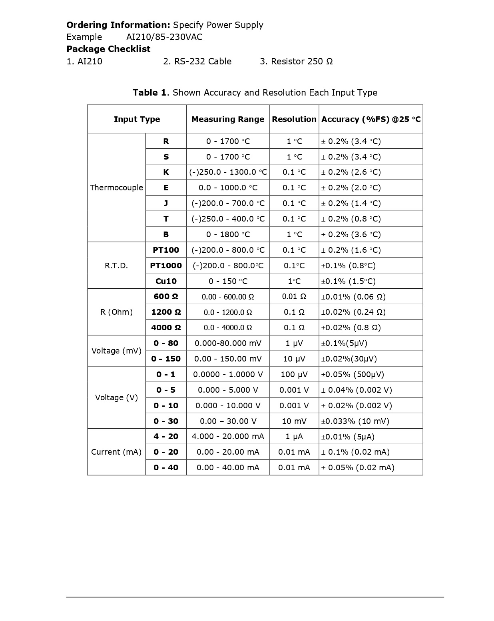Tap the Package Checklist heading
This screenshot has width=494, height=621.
tap(108, 49)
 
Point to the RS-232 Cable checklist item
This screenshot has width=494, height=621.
tap(197, 62)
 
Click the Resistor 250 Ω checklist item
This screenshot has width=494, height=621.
tap(296, 62)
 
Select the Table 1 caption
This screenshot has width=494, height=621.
tap(255, 93)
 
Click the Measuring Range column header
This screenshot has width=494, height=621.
tap(228, 119)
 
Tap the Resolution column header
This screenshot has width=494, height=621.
tap(294, 119)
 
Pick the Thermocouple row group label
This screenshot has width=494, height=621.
tap(116, 188)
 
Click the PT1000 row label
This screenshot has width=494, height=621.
tap(166, 266)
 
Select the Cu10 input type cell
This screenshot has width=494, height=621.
tap(166, 281)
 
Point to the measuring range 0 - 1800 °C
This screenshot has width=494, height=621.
tap(228, 234)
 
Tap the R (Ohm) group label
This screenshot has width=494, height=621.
tap(116, 312)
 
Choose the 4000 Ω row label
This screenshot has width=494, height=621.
tap(166, 327)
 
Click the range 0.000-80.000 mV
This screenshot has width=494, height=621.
tap(228, 343)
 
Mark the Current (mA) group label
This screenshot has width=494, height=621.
tap(116, 452)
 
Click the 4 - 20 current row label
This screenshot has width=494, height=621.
tap(166, 437)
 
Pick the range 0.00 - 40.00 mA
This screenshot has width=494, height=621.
tap(228, 467)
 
